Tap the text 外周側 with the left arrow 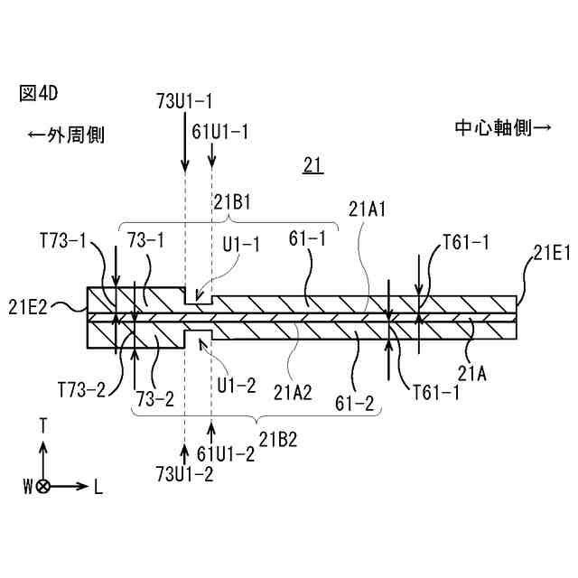[x=66, y=135]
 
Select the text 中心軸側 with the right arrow [x=502, y=127]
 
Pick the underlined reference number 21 [x=313, y=164]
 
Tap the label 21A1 [x=368, y=210]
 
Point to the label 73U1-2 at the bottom [x=184, y=474]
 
